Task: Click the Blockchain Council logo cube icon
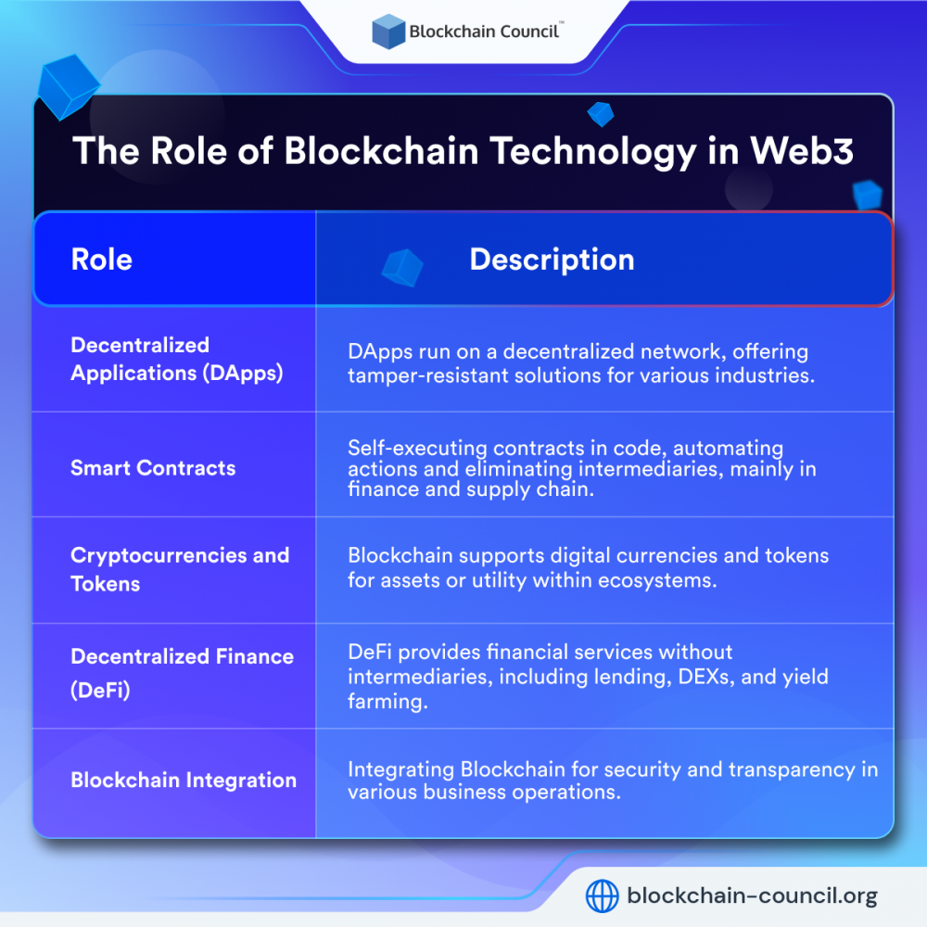click(x=388, y=32)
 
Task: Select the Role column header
click(x=102, y=260)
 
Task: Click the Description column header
click(x=552, y=260)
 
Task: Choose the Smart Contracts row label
click(x=153, y=468)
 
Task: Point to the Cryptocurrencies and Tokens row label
click(x=180, y=569)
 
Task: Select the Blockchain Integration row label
click(x=184, y=781)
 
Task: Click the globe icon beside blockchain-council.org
click(x=603, y=896)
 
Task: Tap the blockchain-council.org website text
click(x=752, y=896)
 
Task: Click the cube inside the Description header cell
click(x=401, y=267)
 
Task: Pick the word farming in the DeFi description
click(x=387, y=701)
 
